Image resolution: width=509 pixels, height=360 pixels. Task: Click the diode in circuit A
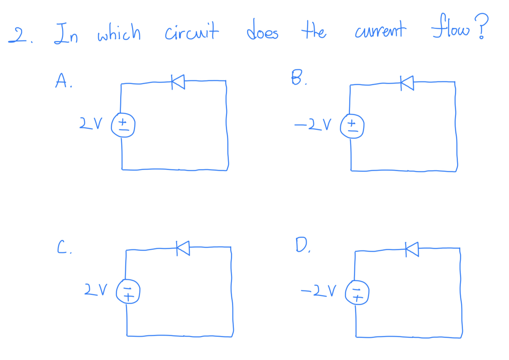178,82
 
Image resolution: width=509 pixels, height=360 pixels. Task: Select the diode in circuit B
407,83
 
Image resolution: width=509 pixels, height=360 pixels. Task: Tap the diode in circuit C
183,248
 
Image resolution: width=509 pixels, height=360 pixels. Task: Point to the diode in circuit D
412,249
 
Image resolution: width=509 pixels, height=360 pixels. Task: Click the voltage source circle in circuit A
123,125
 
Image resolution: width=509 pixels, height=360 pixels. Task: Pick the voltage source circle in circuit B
352,126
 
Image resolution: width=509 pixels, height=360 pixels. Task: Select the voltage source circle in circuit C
128,291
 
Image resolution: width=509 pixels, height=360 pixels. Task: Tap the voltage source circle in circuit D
357,292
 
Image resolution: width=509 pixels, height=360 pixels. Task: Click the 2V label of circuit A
91,123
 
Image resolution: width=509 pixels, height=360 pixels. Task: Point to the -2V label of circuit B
312,125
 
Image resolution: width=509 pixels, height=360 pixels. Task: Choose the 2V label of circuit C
96,289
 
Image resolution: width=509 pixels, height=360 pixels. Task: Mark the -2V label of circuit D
318,290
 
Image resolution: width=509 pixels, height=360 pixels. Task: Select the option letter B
297,77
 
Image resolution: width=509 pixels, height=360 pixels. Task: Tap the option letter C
62,247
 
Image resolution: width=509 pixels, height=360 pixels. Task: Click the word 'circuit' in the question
192,31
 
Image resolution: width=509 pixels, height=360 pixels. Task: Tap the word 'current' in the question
380,30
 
